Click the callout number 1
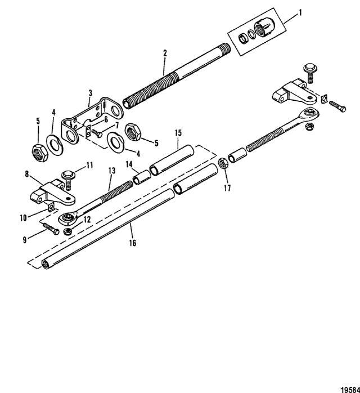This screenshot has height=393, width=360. coord(300,12)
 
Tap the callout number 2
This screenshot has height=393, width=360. coord(165,53)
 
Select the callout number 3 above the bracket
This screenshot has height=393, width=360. coord(91,93)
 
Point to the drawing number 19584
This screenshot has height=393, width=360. coord(350,389)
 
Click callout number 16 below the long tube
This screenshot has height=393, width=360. coord(133,243)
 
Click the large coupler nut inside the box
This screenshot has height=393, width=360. coord(264,28)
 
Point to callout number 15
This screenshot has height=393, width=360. coord(178,133)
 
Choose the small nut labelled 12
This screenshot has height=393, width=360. coord(67,231)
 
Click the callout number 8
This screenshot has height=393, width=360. coord(27,174)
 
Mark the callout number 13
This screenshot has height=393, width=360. coord(112,171)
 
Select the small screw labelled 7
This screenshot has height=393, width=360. coord(96,132)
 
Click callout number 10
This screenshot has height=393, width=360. coord(23,218)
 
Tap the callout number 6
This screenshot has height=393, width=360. coord(106,119)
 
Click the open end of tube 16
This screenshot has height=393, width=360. coord(46,265)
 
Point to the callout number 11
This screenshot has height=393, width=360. coord(89,166)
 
